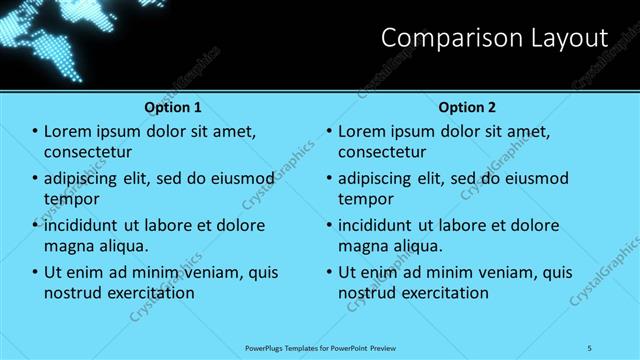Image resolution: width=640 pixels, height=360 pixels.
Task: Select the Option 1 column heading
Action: coord(173,106)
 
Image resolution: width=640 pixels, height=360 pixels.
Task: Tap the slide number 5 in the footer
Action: coord(590,347)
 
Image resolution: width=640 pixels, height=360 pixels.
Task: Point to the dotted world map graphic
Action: coord(50,35)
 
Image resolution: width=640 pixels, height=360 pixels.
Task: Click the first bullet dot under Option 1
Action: coord(36,131)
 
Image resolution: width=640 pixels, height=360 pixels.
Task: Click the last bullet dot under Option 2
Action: coord(330,272)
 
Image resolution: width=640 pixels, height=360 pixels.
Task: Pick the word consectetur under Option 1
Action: coord(89,152)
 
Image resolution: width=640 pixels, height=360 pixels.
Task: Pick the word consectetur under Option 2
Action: coord(383,152)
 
